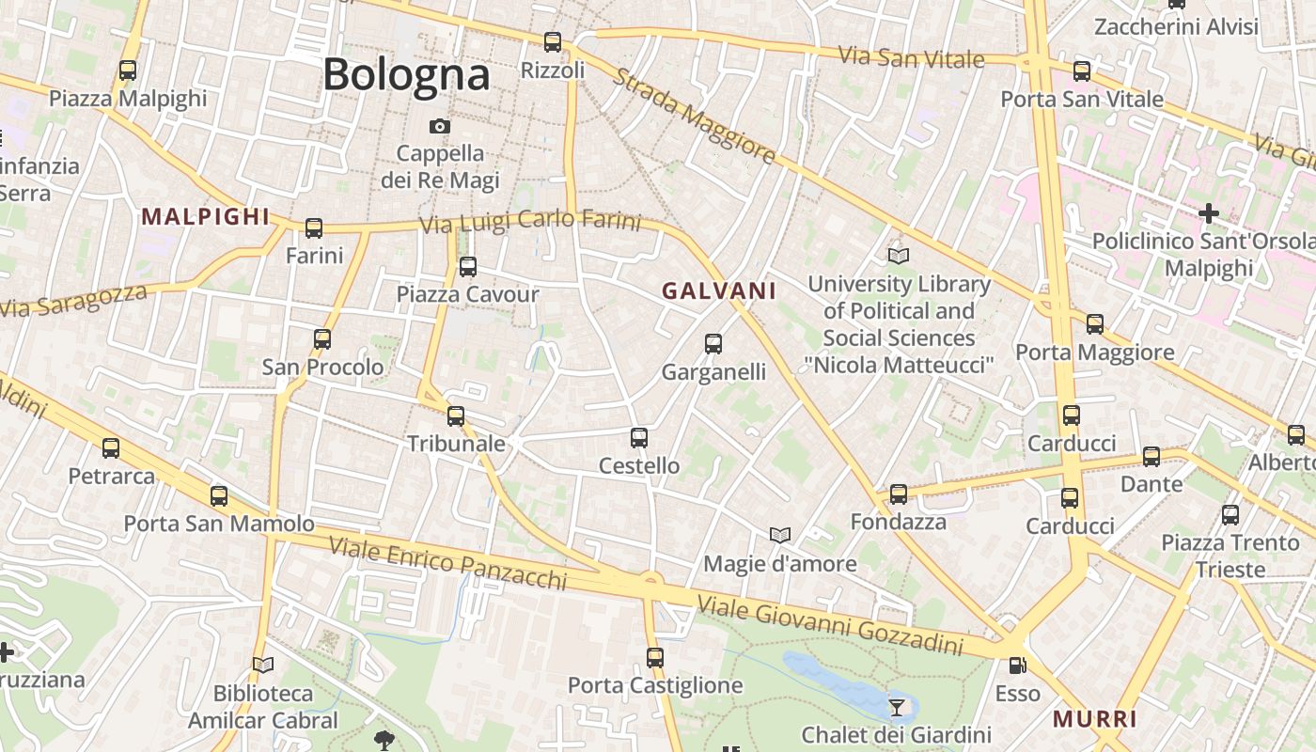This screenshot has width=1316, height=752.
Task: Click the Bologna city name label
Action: (x=406, y=75)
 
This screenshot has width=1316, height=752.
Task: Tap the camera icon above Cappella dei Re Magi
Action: (x=439, y=126)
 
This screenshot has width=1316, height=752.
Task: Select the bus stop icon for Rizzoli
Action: (x=553, y=42)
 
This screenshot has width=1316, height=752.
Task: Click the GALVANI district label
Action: (x=719, y=291)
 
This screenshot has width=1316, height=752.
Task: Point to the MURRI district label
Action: (x=1094, y=720)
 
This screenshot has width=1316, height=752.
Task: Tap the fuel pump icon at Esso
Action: (x=1017, y=666)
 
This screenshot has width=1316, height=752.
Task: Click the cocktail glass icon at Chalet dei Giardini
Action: (x=897, y=707)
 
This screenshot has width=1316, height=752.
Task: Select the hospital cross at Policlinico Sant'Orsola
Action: (x=1208, y=213)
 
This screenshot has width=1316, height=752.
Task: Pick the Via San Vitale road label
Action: (x=911, y=56)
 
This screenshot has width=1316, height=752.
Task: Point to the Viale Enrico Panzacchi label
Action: (x=447, y=564)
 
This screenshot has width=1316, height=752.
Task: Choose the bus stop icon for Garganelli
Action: (x=713, y=344)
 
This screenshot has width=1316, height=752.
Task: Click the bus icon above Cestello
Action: (x=639, y=437)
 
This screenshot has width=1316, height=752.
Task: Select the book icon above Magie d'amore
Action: (x=780, y=535)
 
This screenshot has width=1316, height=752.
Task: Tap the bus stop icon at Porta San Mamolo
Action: (x=219, y=495)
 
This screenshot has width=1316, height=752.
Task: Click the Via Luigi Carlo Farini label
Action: (x=530, y=222)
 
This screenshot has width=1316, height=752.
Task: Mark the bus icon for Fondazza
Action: (x=899, y=493)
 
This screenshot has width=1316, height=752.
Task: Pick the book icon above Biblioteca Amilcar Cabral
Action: (x=263, y=666)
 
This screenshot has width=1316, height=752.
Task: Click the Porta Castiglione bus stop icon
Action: (x=655, y=657)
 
